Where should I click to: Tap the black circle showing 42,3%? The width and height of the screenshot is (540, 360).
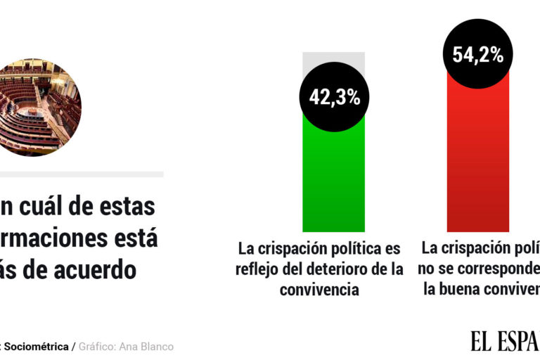(334, 97)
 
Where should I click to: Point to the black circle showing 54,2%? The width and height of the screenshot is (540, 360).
(477, 56)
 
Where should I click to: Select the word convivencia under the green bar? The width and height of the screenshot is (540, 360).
(319, 289)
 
